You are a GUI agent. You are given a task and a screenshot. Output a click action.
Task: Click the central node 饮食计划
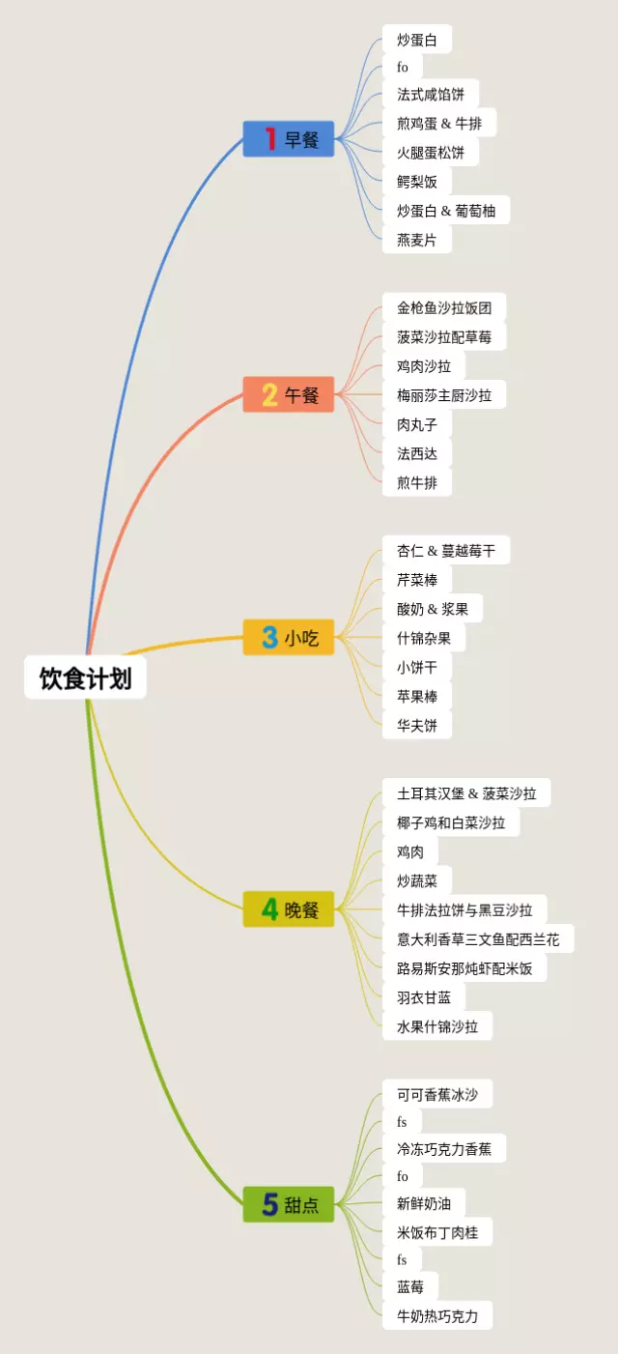click(x=85, y=678)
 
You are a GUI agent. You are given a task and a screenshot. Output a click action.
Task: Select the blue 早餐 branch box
click(x=289, y=139)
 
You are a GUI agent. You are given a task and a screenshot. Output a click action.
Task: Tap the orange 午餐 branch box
click(x=289, y=394)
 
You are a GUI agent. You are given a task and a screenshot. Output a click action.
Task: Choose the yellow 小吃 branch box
click(x=289, y=638)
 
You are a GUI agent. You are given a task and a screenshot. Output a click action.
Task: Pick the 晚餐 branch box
click(x=289, y=909)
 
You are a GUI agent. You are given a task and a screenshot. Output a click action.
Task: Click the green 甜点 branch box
click(x=289, y=1204)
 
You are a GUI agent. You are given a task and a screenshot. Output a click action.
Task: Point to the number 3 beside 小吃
click(x=269, y=638)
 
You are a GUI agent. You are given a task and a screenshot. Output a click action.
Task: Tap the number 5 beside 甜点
click(x=269, y=1204)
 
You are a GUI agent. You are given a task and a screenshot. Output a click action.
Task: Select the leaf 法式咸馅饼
click(x=431, y=95)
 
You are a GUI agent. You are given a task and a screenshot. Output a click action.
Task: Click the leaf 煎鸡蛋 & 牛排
click(x=439, y=124)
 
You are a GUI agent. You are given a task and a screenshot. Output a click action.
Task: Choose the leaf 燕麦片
click(x=417, y=240)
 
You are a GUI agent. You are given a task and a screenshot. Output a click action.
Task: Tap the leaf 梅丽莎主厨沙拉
click(x=444, y=395)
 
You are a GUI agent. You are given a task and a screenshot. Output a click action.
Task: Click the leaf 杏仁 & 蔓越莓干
click(x=446, y=551)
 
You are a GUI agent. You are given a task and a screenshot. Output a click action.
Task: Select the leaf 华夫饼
click(x=417, y=725)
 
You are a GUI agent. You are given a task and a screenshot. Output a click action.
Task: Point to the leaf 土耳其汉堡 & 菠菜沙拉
click(x=466, y=793)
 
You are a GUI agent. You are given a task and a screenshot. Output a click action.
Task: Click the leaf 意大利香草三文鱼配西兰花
click(x=478, y=938)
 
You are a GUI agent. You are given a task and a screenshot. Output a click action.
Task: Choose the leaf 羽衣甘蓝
click(x=424, y=997)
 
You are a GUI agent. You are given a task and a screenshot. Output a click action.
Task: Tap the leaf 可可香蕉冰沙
click(x=437, y=1095)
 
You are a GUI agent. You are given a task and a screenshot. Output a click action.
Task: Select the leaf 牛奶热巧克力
click(x=437, y=1315)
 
